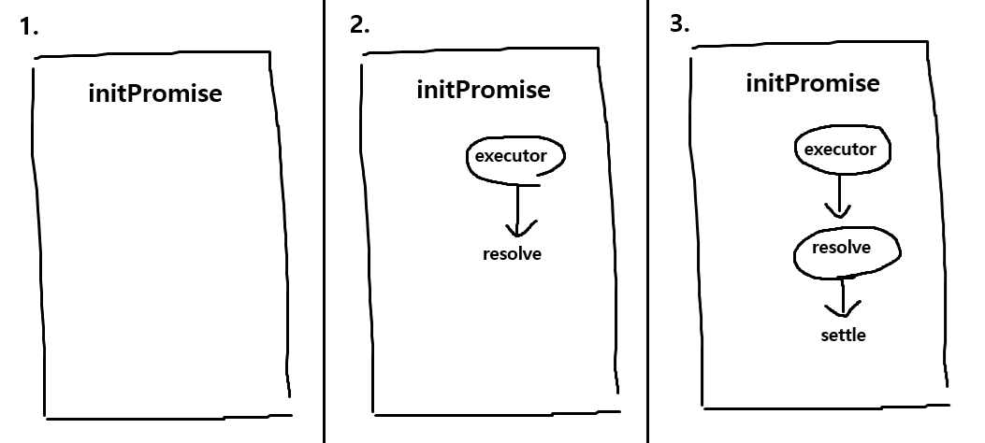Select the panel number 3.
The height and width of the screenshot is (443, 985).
click(680, 24)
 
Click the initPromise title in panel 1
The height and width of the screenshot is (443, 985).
click(155, 93)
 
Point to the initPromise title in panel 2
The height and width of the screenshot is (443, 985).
click(483, 90)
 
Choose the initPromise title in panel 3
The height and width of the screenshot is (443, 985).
click(812, 83)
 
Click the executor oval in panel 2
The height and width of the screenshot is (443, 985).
click(515, 156)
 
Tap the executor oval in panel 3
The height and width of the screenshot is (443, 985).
click(840, 150)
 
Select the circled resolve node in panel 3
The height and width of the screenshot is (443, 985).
click(845, 250)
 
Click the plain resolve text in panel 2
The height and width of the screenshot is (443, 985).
click(512, 254)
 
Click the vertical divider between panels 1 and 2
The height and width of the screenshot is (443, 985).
click(324, 221)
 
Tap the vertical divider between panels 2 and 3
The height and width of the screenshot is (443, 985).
click(647, 221)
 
